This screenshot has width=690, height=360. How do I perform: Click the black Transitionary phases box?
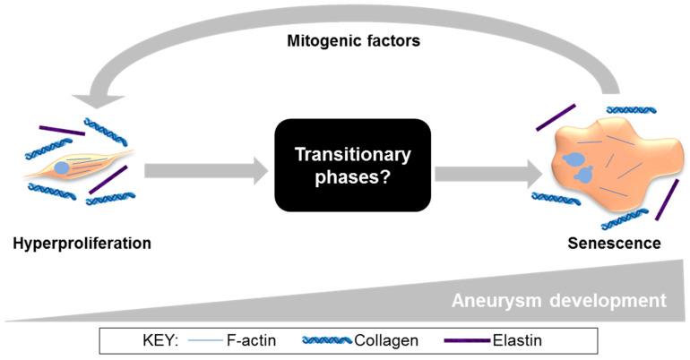[x=352, y=166]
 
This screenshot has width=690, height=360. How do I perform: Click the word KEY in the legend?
[x=138, y=341]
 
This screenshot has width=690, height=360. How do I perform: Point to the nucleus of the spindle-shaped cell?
[x=62, y=167]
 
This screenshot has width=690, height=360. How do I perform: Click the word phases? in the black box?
[x=352, y=177]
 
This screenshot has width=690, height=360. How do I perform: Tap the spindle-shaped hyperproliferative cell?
[x=85, y=165]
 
